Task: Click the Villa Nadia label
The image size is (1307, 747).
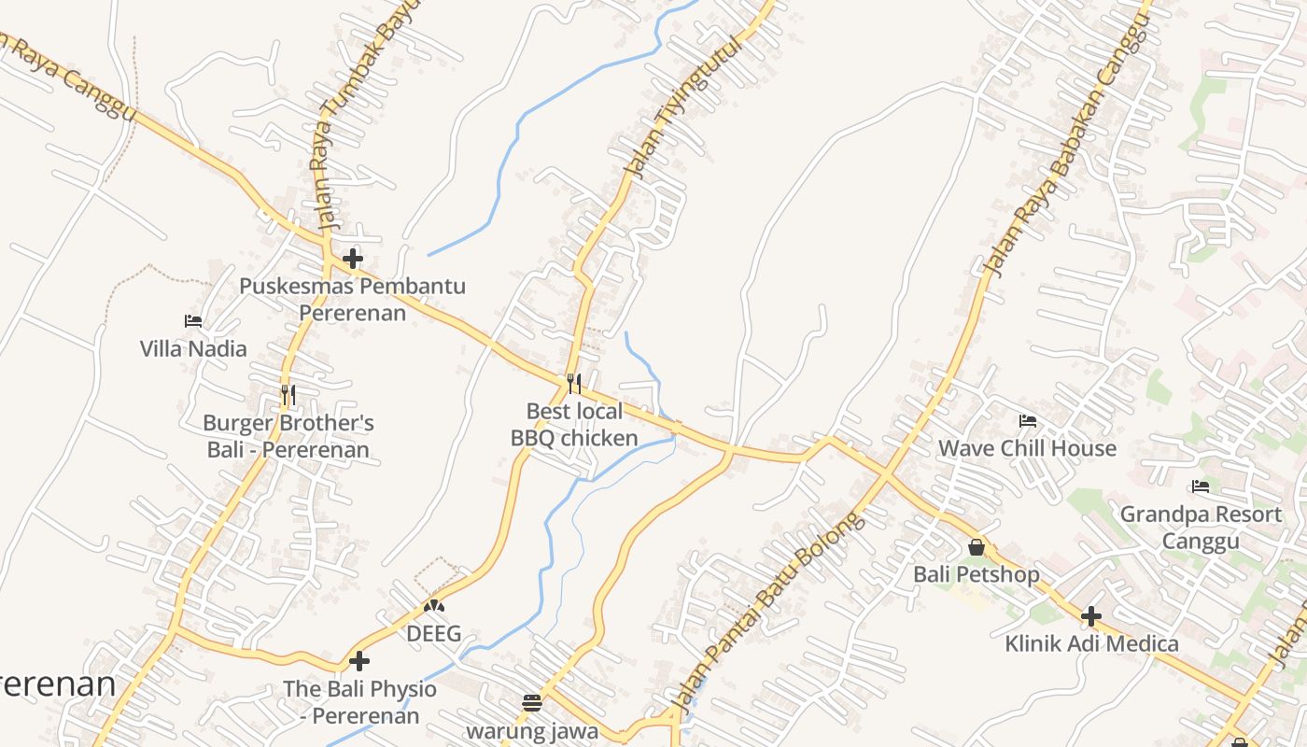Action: (193, 349)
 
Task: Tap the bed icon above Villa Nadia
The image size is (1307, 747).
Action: (193, 321)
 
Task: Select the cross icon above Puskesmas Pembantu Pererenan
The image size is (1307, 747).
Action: (353, 259)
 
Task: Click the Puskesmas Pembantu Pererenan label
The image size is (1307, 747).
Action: (352, 299)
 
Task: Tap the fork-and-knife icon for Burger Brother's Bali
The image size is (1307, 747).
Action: (288, 395)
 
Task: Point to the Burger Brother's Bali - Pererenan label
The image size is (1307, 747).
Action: (288, 436)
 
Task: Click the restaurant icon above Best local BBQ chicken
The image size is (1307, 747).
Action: (574, 383)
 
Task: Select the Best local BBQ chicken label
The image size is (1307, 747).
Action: (574, 425)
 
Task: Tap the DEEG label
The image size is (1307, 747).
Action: (433, 634)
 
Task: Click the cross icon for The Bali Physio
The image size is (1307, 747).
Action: (359, 662)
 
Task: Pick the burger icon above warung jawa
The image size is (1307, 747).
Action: (532, 702)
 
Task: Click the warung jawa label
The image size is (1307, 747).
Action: (532, 730)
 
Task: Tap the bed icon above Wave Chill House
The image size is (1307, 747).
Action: (1028, 421)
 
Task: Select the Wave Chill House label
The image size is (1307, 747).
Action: (1027, 448)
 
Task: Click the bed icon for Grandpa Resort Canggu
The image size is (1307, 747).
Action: (1201, 486)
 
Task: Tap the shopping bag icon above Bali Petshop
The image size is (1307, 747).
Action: (977, 547)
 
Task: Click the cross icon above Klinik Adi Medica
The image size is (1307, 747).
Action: (1091, 616)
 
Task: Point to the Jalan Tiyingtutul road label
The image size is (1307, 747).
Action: (682, 107)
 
